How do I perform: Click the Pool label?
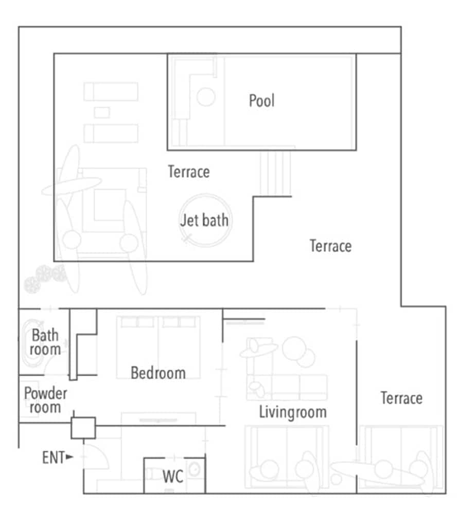coord(261,100)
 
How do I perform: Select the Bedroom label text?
coord(158,373)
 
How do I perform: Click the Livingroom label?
coord(292,412)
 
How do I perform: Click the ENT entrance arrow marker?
coord(69,456)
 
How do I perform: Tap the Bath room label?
coord(45,343)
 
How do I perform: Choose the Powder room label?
coord(45,400)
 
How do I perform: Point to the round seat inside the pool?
coord(206,97)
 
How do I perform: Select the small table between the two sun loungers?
coord(102,112)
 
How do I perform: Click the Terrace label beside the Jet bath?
coord(189,172)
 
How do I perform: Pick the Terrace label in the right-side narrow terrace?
coord(401,398)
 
